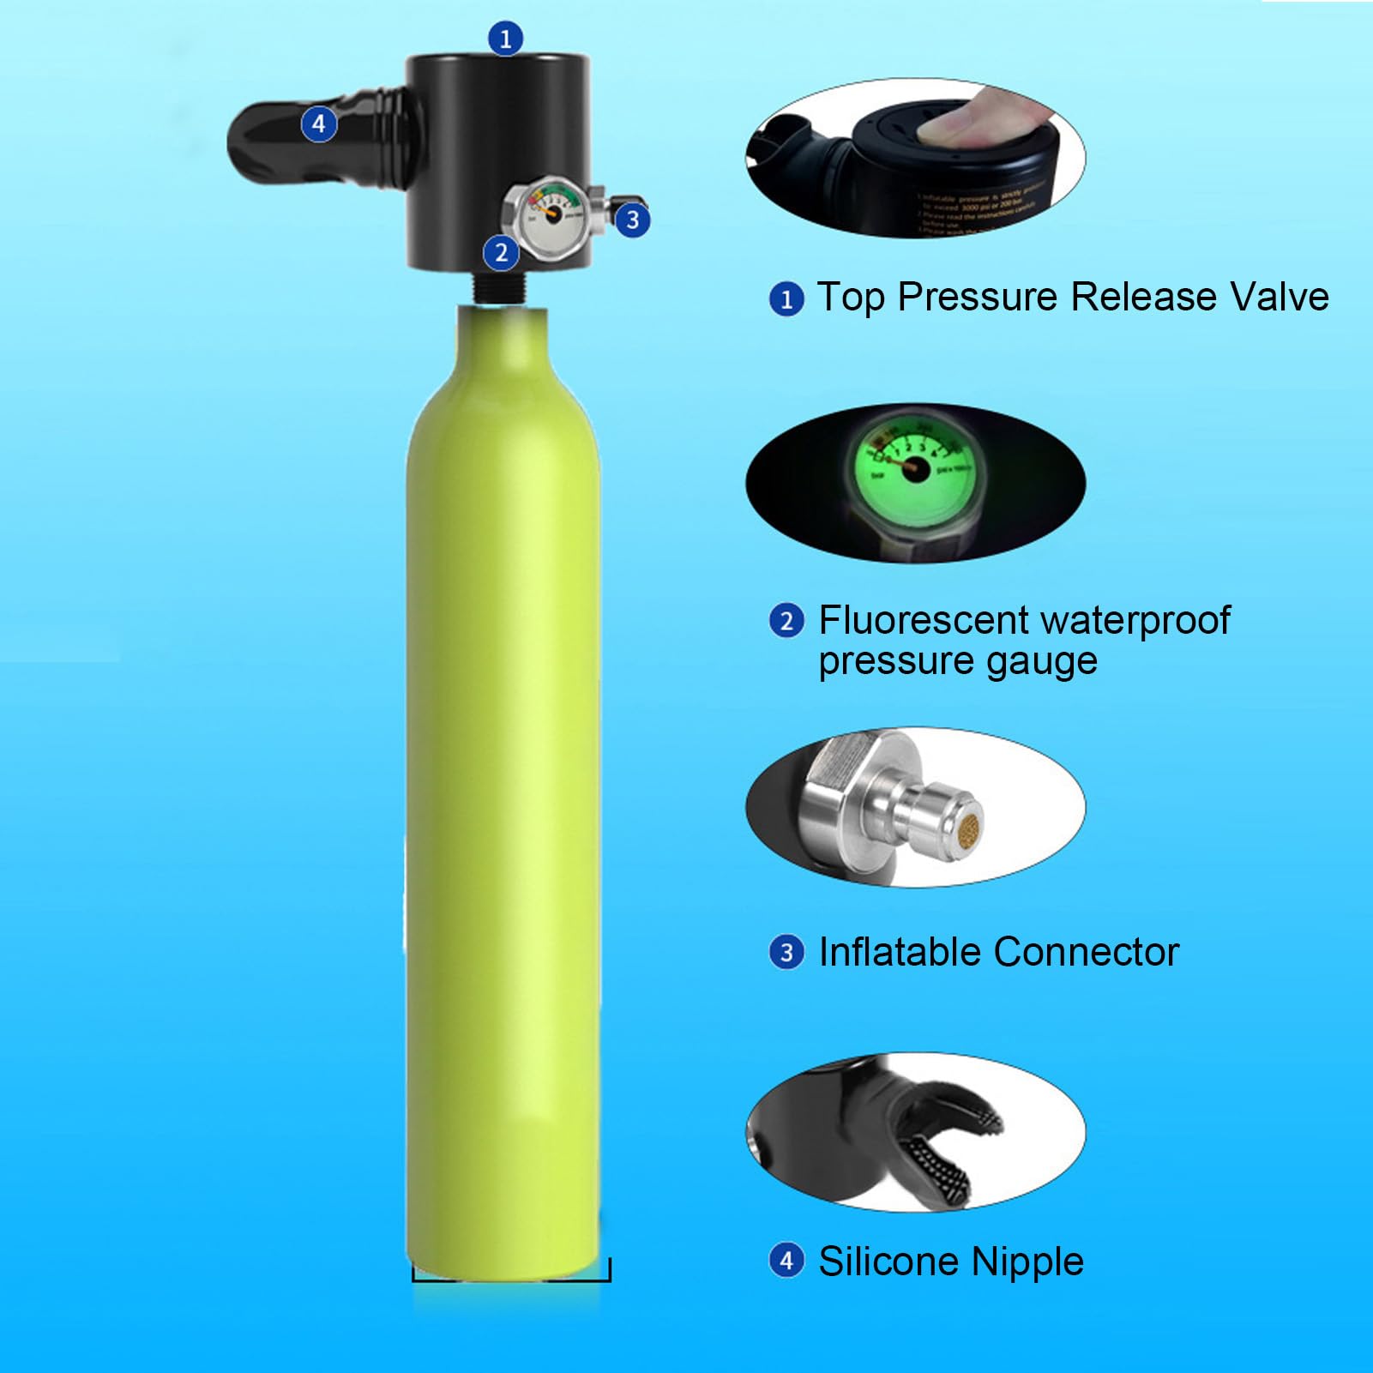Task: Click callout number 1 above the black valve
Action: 505,39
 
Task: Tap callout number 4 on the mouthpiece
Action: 318,124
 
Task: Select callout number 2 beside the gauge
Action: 502,253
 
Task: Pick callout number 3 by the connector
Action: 633,220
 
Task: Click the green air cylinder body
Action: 503,772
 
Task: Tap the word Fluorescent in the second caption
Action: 923,620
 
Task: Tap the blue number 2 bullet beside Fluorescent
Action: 786,620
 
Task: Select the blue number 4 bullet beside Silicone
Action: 786,1261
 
